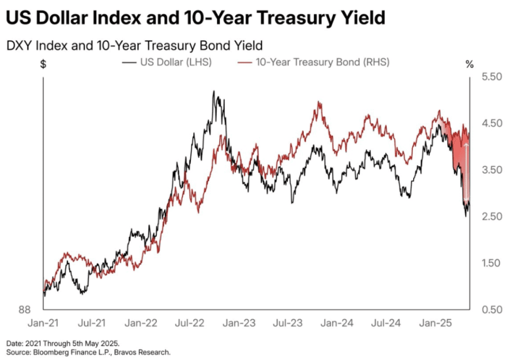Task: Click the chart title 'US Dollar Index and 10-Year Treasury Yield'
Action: [x=196, y=18]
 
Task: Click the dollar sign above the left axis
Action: [x=43, y=64]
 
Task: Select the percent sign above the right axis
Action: [x=469, y=64]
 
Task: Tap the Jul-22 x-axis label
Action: [x=189, y=323]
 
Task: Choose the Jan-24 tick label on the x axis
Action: [x=336, y=323]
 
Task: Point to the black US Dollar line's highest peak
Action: [x=214, y=92]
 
